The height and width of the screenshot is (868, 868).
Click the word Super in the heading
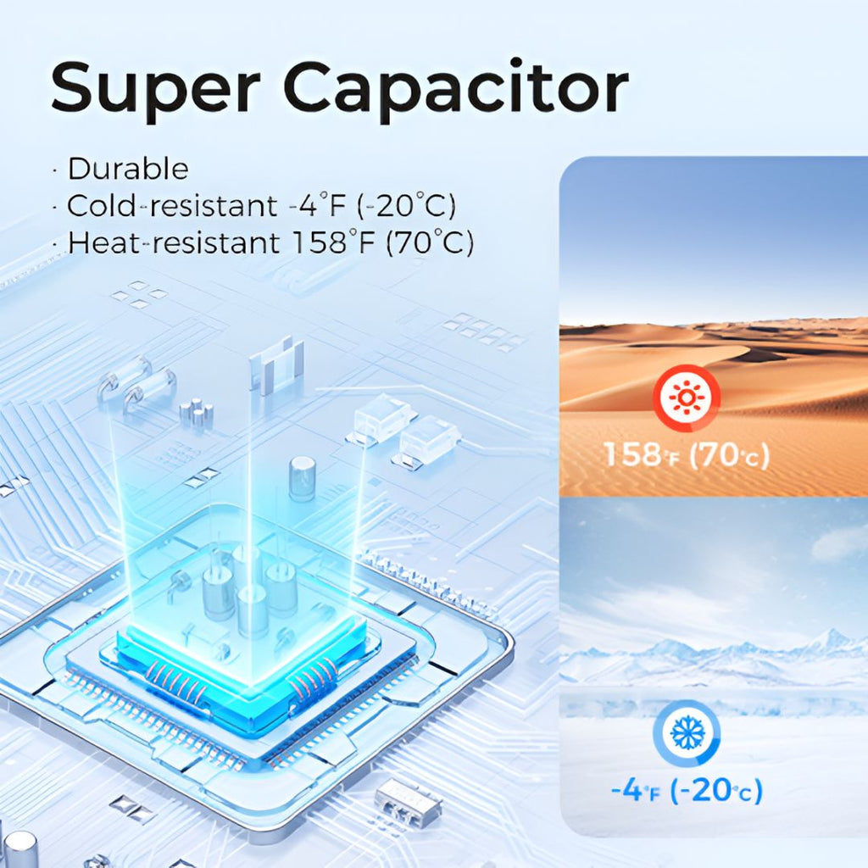pos(156,88)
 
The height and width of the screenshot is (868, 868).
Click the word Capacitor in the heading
pos(456,88)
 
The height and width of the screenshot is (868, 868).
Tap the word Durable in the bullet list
pos(128,169)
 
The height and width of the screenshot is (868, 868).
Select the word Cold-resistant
pos(172,206)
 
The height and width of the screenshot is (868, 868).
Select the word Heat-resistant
pos(174,243)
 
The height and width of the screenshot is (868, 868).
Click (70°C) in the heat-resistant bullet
pos(430,243)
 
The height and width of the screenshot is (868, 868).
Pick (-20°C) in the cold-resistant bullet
pos(406,206)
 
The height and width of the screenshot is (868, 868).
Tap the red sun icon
pos(686,398)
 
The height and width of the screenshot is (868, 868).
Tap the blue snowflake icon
pos(687,733)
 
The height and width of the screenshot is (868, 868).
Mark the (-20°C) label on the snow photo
pos(716,791)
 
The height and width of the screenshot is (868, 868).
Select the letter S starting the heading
pos(73,88)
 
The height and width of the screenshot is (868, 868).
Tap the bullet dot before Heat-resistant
pos(55,245)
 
